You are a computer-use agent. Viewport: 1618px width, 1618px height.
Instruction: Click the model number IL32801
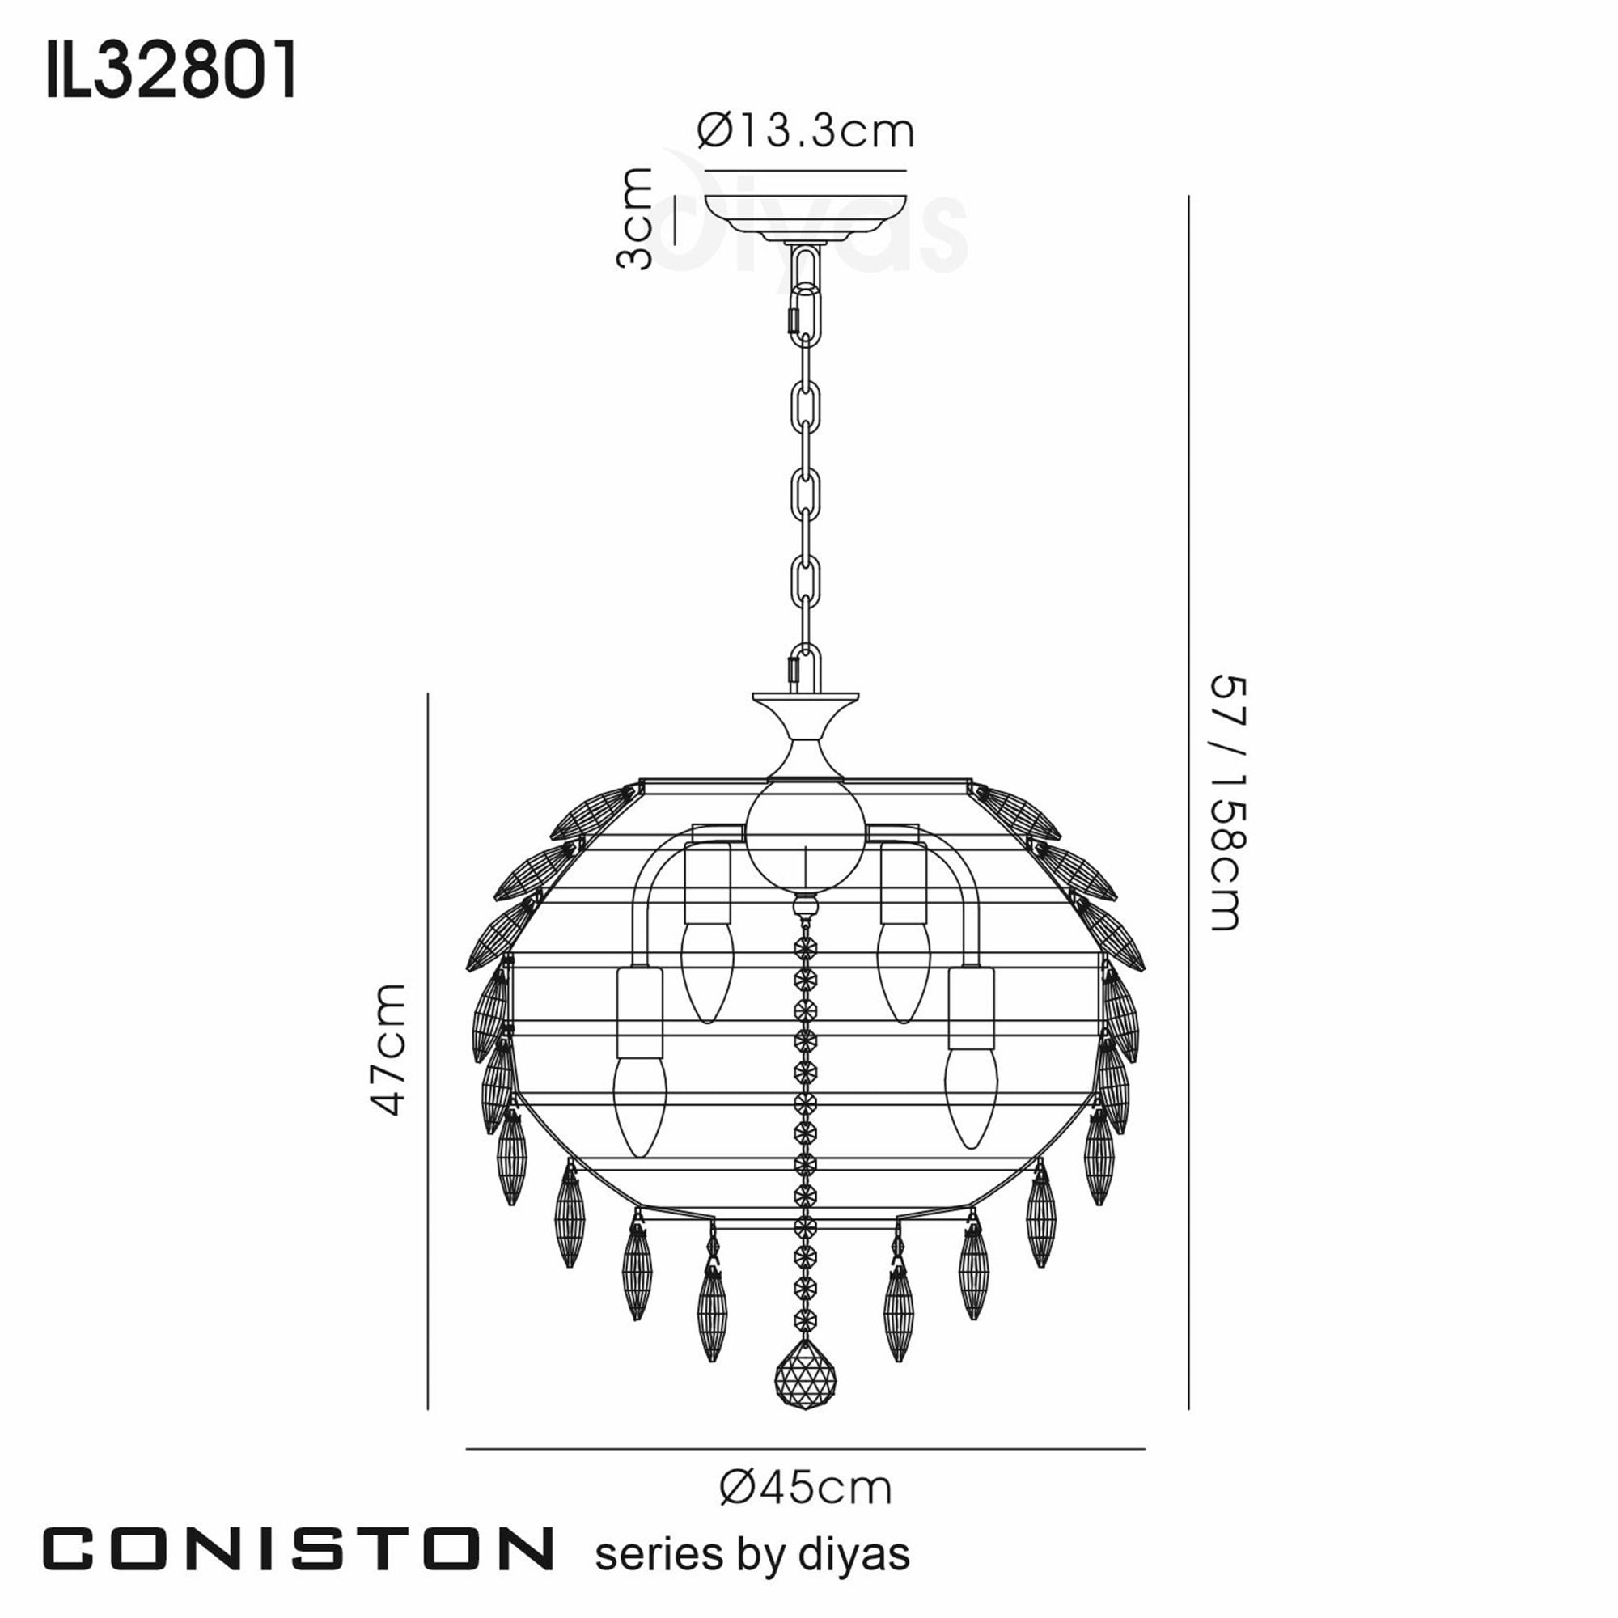(171, 71)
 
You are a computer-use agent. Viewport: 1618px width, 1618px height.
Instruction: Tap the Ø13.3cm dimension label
(805, 132)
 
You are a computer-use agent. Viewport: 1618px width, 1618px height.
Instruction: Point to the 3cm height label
(634, 218)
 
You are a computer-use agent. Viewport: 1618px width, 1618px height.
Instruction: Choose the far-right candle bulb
(972, 1097)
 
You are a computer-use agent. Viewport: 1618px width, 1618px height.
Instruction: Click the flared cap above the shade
(806, 729)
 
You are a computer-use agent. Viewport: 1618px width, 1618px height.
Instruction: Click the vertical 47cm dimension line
(428, 1047)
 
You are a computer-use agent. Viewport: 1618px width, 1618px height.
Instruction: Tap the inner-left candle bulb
(707, 972)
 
